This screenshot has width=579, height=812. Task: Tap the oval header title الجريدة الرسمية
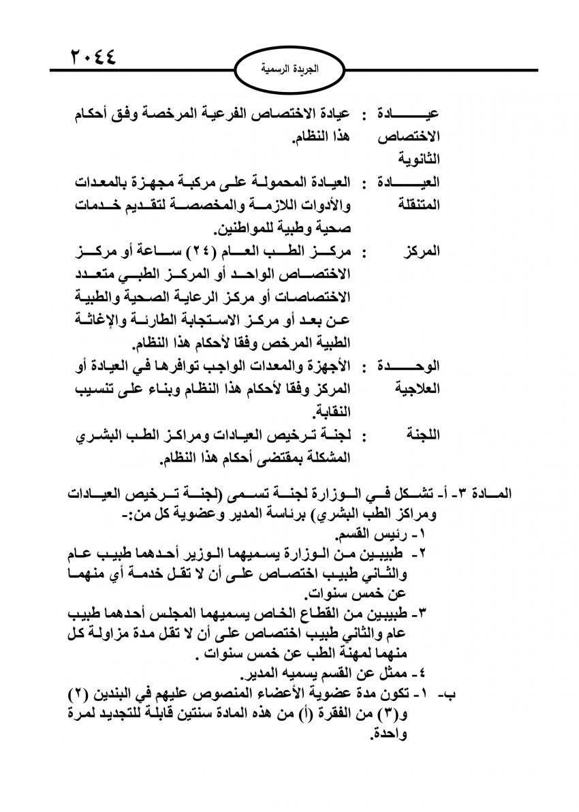[290, 69]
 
